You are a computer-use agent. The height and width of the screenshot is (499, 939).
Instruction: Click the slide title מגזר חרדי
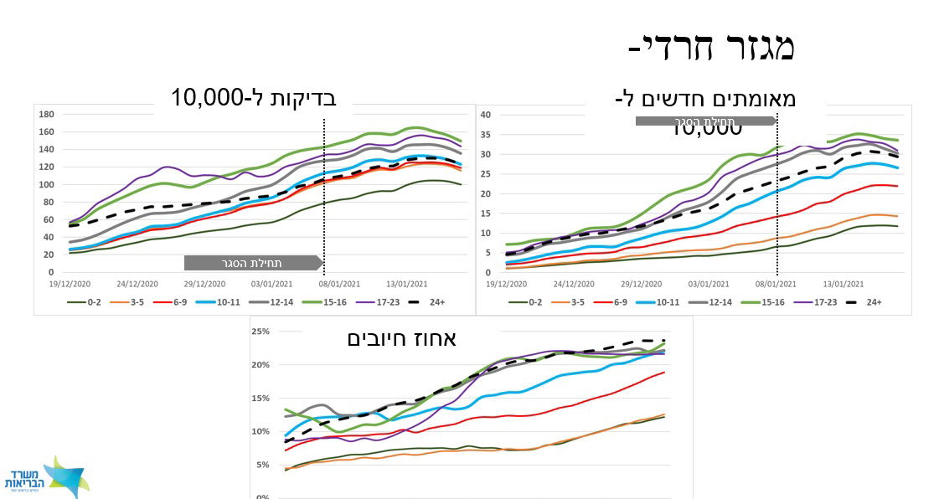click(x=711, y=47)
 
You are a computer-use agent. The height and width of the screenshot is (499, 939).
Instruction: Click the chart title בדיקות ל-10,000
click(x=253, y=97)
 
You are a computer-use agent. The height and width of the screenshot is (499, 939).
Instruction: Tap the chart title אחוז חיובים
click(x=401, y=338)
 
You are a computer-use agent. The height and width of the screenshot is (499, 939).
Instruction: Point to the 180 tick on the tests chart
click(x=48, y=114)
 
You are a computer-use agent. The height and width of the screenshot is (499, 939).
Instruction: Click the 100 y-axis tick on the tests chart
click(x=48, y=184)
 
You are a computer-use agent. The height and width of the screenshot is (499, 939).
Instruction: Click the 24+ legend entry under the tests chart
click(x=433, y=302)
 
